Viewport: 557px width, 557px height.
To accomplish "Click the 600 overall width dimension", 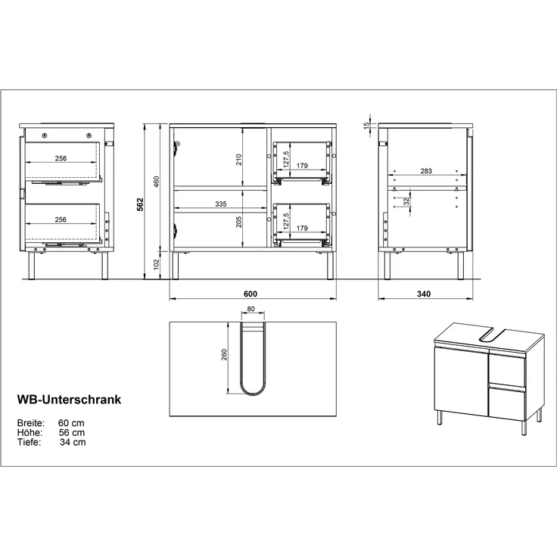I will [x=251, y=294].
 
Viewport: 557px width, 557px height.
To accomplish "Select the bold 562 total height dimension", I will [x=141, y=204].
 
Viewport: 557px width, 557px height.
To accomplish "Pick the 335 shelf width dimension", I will [x=220, y=204].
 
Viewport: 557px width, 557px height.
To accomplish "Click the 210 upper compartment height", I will [x=238, y=159].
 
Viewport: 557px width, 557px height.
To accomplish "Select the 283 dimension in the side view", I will [x=426, y=172].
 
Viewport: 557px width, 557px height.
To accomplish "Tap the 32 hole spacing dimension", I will [x=407, y=201].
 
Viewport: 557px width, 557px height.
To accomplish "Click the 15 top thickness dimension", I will [x=366, y=126].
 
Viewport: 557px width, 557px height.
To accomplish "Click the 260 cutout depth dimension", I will [x=225, y=355].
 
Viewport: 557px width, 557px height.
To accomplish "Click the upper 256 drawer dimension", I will [x=61, y=159].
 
